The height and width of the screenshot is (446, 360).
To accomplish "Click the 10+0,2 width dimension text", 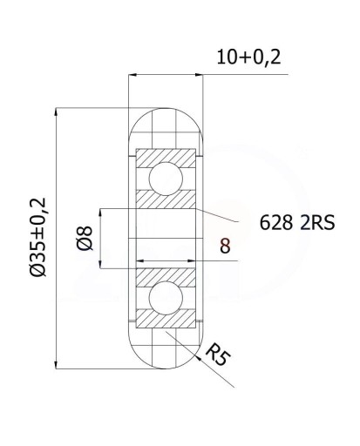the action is click(x=248, y=57).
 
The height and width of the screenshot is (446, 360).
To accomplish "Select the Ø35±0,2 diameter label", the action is click(x=38, y=237).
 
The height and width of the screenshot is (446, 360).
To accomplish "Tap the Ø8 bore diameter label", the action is click(x=85, y=238).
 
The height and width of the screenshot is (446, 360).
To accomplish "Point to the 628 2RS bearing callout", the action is click(x=297, y=223).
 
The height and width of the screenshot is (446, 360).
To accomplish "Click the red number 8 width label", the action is click(x=225, y=246).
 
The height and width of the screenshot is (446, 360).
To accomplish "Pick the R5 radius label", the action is click(x=217, y=354).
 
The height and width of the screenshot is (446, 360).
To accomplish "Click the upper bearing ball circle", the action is click(x=166, y=179).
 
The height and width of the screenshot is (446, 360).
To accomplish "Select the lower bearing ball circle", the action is click(x=166, y=298).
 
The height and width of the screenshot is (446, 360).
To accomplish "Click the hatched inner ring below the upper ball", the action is click(x=166, y=200).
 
